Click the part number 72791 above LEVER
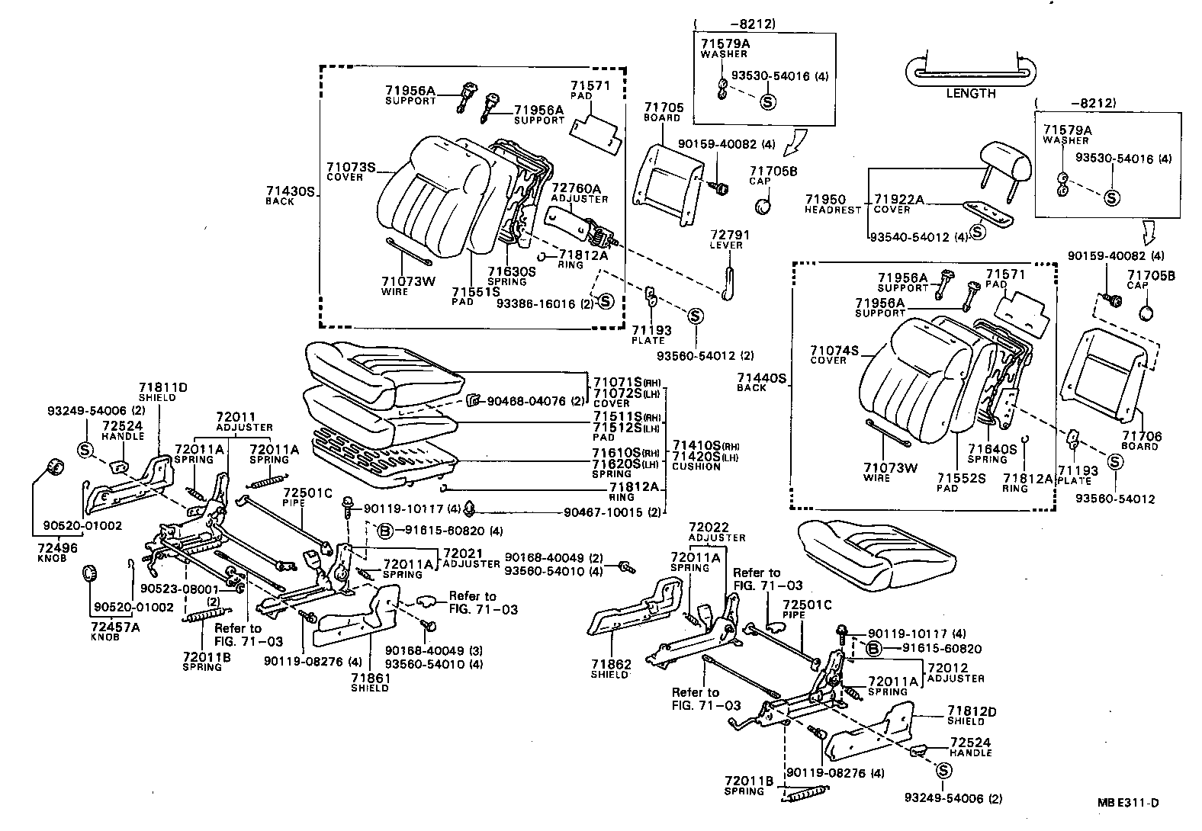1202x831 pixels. coord(730,236)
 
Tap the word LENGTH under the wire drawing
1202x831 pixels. coord(971,94)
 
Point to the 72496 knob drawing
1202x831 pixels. coord(53,467)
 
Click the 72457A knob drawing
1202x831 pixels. coord(90,573)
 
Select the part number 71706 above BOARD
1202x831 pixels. coord(1141,436)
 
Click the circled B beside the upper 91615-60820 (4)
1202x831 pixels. coord(385,531)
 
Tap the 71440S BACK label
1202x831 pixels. coord(761,378)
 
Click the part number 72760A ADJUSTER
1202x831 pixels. coord(576,188)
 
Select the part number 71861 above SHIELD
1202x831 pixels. coord(371,678)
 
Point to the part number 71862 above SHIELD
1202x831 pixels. coord(611,665)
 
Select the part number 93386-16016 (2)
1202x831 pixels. coord(535,303)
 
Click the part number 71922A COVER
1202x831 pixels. coord(898,200)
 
